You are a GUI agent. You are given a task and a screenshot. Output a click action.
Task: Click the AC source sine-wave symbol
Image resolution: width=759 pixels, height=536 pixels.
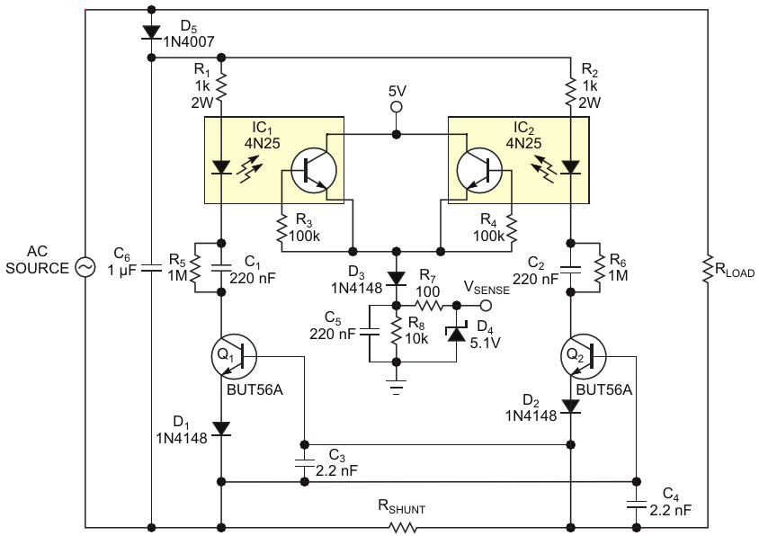[x=85, y=267]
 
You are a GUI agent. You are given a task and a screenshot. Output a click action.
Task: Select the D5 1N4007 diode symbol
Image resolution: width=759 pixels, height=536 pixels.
[x=151, y=32]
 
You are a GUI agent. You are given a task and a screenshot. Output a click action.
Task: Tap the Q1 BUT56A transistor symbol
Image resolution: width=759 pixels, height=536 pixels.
[x=234, y=356]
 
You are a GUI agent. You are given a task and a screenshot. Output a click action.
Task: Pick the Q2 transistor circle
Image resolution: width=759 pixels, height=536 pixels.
[x=584, y=356]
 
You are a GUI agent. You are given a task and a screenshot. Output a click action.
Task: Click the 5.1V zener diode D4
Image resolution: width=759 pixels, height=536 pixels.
[x=457, y=333]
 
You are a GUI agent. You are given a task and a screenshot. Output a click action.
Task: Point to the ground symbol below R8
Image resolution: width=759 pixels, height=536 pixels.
[x=397, y=387]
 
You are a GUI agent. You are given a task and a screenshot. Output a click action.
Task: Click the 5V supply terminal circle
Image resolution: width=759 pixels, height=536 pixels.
[x=397, y=107]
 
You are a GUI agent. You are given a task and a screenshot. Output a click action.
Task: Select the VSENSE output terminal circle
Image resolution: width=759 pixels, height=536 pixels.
[x=486, y=306]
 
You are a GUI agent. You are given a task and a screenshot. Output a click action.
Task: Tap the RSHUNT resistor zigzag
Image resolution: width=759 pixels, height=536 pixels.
[x=402, y=526]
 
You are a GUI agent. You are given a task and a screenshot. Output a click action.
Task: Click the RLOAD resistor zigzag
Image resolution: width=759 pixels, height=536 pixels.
[x=708, y=269]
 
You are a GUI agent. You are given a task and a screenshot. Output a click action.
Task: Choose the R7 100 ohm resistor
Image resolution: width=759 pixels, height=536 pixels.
[x=428, y=306]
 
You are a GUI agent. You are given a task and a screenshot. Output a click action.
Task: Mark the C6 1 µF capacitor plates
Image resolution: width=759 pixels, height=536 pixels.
[x=151, y=268]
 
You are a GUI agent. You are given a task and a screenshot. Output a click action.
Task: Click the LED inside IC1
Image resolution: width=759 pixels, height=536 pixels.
[x=222, y=167]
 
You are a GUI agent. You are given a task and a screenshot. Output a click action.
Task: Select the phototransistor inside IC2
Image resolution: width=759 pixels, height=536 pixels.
[x=479, y=171]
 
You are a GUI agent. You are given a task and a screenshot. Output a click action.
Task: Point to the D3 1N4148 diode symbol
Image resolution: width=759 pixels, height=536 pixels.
[x=397, y=278]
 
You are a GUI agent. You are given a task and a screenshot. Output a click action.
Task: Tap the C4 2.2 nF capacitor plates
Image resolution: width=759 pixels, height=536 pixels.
[x=636, y=505]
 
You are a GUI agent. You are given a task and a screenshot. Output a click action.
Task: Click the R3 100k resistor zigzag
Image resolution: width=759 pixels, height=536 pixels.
[x=281, y=229]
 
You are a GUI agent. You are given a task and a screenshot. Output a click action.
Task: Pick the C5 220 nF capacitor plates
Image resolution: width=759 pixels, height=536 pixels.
[x=369, y=333]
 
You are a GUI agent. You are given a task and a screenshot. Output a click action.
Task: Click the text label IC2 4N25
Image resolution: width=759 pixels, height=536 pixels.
[x=523, y=136]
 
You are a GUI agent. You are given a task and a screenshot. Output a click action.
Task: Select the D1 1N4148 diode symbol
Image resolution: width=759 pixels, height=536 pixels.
[x=222, y=428]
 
